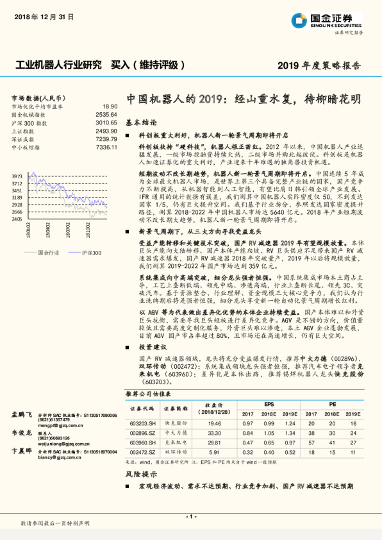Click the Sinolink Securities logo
tap(338, 21)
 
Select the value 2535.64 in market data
tap(106, 114)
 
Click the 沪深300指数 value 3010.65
tap(106, 122)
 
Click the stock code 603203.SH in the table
tap(142, 423)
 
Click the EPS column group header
tap(269, 405)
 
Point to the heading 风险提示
tap(141, 475)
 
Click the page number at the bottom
tap(190, 516)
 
